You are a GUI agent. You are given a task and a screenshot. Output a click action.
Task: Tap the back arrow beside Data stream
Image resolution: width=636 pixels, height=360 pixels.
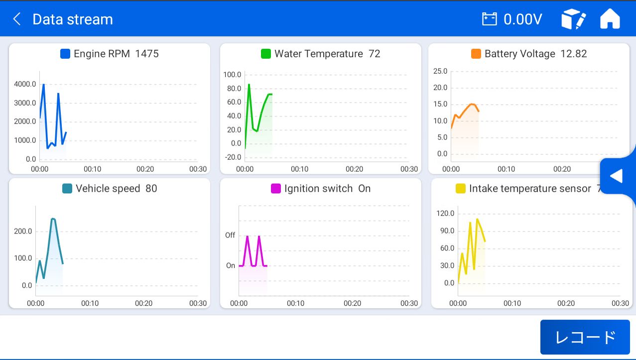pyautogui.click(x=17, y=19)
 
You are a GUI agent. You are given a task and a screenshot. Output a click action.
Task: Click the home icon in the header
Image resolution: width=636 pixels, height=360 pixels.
pyautogui.click(x=610, y=19)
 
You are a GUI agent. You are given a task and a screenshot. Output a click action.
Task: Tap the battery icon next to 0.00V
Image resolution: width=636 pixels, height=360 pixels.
pyautogui.click(x=490, y=19)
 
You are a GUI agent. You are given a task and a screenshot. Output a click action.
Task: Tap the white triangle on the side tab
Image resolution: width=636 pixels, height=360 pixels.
pyautogui.click(x=617, y=176)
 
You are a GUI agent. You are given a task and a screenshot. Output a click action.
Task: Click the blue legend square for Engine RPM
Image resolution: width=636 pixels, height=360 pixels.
pyautogui.click(x=65, y=54)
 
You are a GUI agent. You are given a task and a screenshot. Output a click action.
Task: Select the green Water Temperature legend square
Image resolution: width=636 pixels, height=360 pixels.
pyautogui.click(x=266, y=54)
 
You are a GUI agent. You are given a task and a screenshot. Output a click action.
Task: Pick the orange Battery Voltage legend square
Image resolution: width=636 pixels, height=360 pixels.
pyautogui.click(x=476, y=54)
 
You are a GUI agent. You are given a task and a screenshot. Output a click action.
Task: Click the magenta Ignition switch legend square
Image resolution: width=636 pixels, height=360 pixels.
pyautogui.click(x=276, y=189)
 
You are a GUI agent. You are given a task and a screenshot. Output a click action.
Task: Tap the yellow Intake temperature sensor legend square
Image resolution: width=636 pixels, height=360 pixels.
pyautogui.click(x=461, y=189)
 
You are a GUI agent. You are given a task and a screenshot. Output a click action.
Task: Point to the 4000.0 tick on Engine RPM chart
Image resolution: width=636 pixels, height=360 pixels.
pyautogui.click(x=25, y=84)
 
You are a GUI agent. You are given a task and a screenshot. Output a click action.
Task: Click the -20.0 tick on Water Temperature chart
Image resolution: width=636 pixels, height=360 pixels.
pyautogui.click(x=233, y=157)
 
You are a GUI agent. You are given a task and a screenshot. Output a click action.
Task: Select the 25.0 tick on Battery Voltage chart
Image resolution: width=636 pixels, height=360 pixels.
pyautogui.click(x=440, y=71)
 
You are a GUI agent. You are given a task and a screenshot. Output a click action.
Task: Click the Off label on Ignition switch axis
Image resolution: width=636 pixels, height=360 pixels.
pyautogui.click(x=230, y=235)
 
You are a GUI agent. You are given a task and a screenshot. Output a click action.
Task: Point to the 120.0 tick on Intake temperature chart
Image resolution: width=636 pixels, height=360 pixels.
pyautogui.click(x=445, y=213)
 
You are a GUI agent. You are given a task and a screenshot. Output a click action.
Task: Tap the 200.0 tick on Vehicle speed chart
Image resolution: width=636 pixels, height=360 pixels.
pyautogui.click(x=23, y=231)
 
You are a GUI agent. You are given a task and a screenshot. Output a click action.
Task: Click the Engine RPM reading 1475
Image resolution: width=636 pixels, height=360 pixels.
pyautogui.click(x=147, y=54)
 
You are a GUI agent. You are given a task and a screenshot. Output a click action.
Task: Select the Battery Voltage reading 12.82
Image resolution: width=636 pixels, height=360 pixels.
pyautogui.click(x=574, y=54)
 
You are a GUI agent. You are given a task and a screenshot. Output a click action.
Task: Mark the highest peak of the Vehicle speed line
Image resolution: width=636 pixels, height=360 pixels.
pyautogui.click(x=52, y=218)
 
